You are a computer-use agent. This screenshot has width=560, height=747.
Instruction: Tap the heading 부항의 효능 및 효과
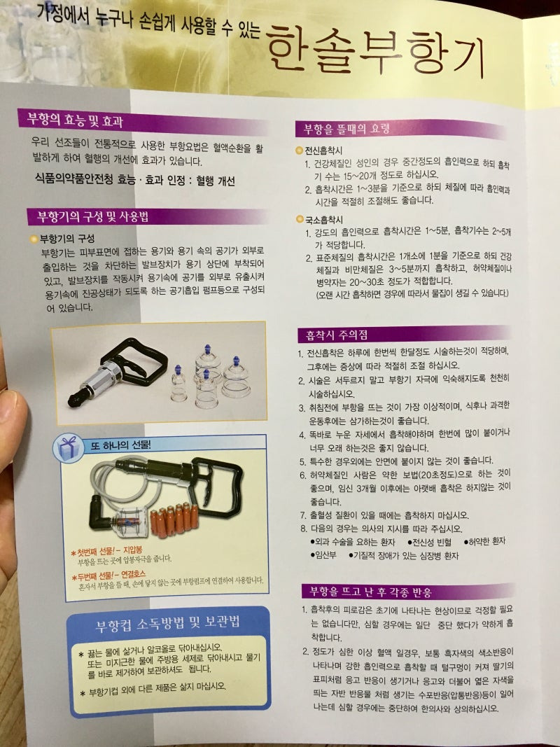pos(75,119)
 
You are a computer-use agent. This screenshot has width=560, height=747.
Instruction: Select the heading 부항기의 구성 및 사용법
pos(93,217)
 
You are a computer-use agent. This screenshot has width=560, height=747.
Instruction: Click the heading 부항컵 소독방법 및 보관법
pos(167,622)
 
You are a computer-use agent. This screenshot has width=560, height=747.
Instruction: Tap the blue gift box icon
pos(69,448)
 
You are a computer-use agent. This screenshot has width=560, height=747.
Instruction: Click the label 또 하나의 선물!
pos(120,445)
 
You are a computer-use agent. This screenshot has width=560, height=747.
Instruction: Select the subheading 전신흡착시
pos(323,151)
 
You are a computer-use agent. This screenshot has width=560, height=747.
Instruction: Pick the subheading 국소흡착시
pos(324,220)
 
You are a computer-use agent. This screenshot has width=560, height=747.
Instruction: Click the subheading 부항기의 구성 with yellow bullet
pos(66,239)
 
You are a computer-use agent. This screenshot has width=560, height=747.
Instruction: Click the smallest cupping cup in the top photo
pos(178,384)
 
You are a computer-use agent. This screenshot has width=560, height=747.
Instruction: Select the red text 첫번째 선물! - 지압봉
pos(106,551)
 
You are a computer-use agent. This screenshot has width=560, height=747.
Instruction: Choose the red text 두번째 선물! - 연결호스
pos(109,575)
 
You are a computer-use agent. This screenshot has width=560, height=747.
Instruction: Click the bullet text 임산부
pos(323,555)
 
